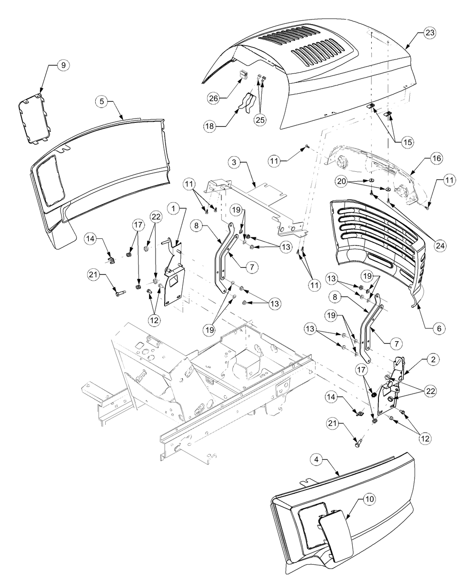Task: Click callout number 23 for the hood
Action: tap(430, 33)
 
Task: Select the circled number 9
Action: tap(63, 66)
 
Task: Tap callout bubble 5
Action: tap(102, 101)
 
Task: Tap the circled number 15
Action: tap(407, 141)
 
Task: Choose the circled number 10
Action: tap(370, 500)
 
